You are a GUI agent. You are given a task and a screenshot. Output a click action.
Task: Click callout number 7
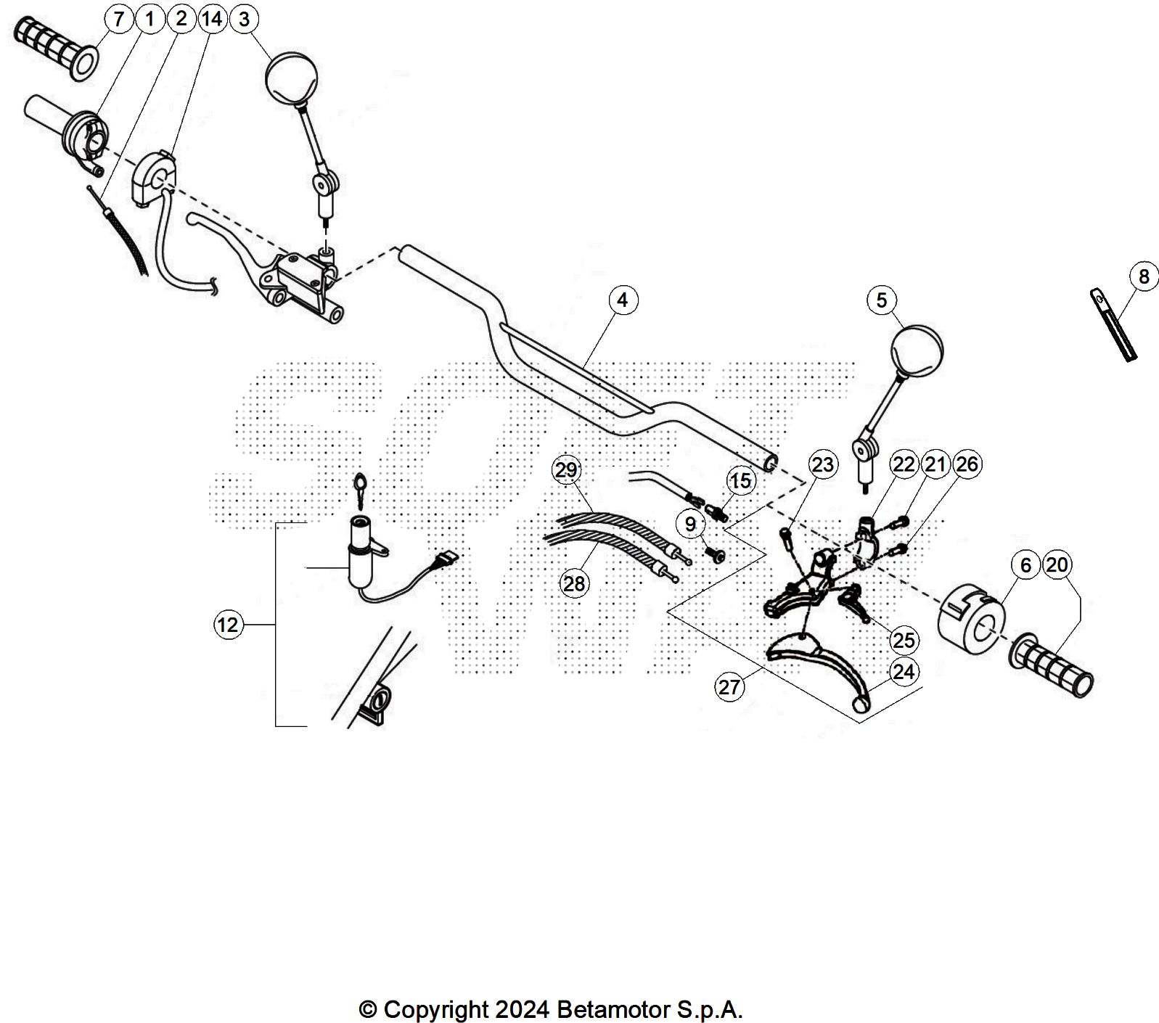click(119, 19)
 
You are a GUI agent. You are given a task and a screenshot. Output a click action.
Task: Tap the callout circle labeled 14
click(212, 19)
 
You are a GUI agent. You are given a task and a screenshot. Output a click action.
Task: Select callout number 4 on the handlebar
click(623, 300)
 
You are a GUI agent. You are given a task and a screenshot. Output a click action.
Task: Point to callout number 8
click(1144, 276)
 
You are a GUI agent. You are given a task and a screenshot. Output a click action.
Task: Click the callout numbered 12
click(227, 625)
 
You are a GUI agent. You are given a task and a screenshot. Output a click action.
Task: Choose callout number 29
click(566, 470)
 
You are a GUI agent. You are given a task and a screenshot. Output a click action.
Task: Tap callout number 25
click(904, 640)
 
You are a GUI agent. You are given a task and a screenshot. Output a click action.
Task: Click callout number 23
click(823, 464)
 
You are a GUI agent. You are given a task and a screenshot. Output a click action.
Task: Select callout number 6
click(1025, 565)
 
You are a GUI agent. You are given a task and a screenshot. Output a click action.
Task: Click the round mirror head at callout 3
click(292, 78)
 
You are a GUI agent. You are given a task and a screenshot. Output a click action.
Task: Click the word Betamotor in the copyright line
click(613, 1009)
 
